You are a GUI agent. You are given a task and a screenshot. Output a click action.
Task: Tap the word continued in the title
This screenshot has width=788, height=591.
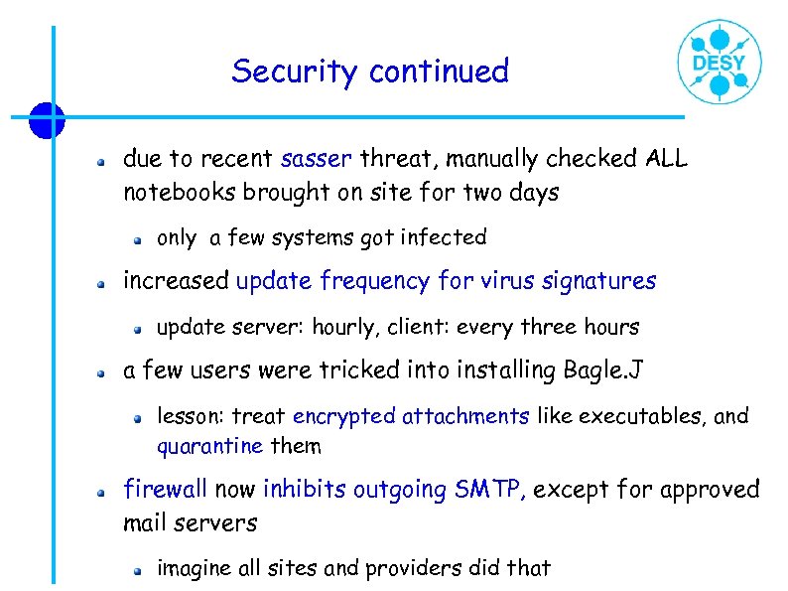[x=438, y=72]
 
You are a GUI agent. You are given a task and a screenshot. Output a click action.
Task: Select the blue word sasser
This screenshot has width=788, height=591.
[x=317, y=159]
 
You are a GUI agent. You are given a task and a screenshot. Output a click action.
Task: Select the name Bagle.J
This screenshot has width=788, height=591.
[x=603, y=370]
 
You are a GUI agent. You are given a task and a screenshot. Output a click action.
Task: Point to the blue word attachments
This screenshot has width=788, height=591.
[x=465, y=416]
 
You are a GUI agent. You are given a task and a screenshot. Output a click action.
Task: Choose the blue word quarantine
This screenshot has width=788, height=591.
[x=209, y=446]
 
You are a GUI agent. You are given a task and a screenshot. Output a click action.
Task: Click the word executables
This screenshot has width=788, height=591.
[x=636, y=416]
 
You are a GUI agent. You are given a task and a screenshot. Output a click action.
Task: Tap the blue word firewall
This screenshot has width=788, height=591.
[x=165, y=490]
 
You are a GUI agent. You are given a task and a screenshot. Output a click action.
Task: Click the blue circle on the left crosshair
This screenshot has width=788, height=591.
[x=46, y=120]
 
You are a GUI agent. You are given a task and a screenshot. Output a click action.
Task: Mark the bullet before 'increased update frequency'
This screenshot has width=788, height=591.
[x=101, y=283]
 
